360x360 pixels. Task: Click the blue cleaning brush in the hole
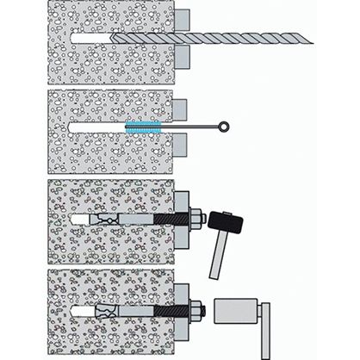point(142,127)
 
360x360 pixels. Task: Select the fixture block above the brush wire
point(180,108)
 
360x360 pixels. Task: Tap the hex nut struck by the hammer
point(196,220)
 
